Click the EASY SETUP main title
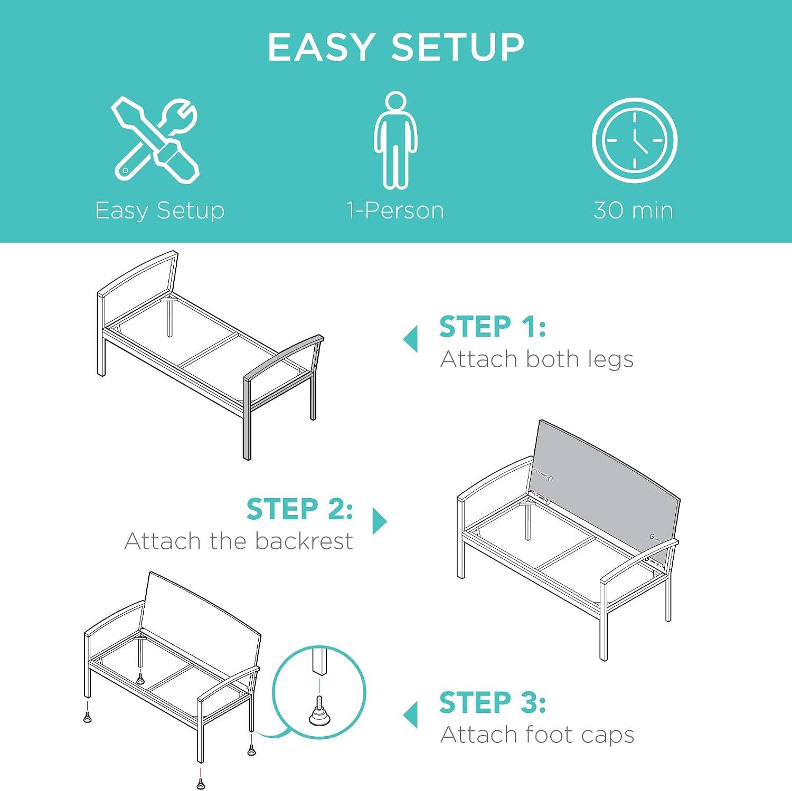point(395,47)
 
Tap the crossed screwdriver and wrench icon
point(156,140)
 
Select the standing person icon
point(395,140)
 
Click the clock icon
point(634,140)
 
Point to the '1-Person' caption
point(395,210)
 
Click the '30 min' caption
point(633,210)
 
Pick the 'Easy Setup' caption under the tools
point(160,211)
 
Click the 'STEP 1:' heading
point(493,327)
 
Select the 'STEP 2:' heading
point(300,509)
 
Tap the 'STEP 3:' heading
point(493,702)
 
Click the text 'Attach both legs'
point(537,360)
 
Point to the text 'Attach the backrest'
point(239,541)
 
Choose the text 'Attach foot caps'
point(538,735)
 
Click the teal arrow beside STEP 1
point(410,339)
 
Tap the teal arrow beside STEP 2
point(380,521)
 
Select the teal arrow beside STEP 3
point(410,714)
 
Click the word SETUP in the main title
point(457,47)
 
